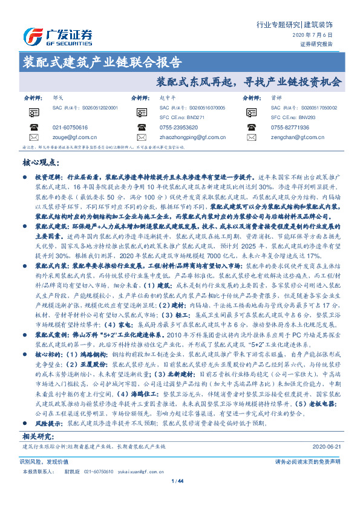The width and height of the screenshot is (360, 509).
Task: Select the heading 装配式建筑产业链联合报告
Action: pyautogui.click(x=102, y=62)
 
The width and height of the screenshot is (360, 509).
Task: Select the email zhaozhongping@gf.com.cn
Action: pyautogui.click(x=191, y=138)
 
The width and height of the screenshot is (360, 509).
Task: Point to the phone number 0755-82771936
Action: pyautogui.click(x=290, y=128)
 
